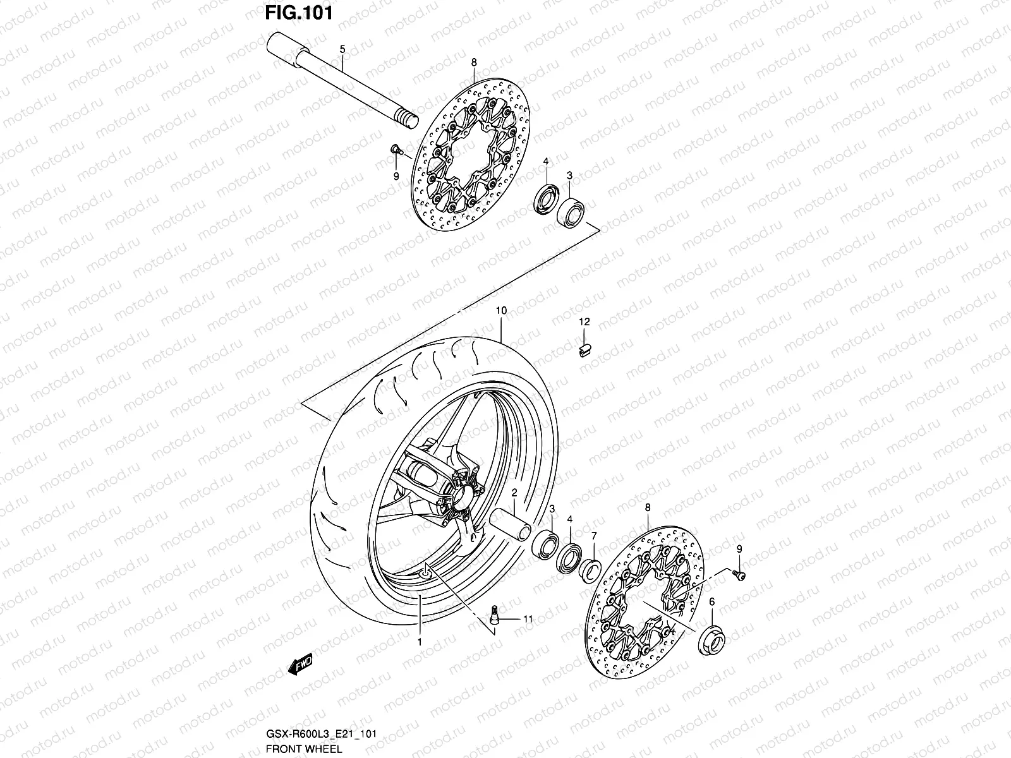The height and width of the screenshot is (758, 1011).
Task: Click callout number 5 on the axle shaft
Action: coord(342,49)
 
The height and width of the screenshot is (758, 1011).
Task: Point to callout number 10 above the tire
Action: coord(501,311)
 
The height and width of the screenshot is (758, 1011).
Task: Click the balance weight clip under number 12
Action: coord(584,348)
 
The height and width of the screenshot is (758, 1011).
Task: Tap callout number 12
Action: coord(584,322)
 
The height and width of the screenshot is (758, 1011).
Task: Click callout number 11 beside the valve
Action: coord(527,620)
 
